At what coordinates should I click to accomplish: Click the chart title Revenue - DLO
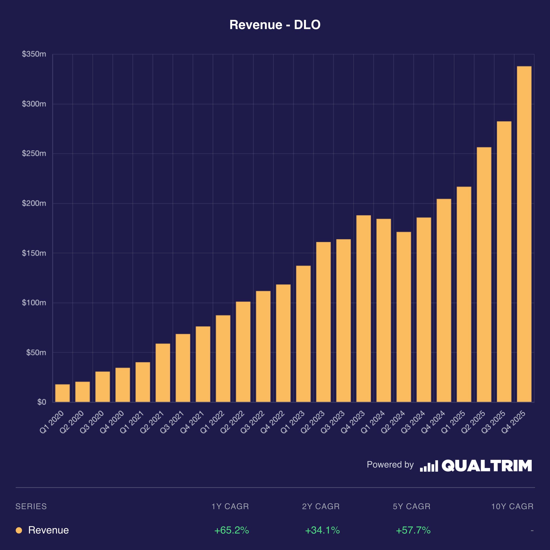tap(275, 25)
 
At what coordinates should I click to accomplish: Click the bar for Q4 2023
tap(364, 309)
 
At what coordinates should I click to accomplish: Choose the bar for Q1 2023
tap(303, 334)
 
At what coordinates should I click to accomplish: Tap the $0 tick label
tap(42, 402)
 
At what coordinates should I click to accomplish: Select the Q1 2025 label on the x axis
tap(453, 422)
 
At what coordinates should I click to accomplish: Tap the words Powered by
tap(390, 465)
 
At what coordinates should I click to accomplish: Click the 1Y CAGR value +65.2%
tap(231, 530)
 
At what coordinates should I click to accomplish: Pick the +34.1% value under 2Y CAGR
tap(322, 530)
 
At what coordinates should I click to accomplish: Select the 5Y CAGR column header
tap(412, 506)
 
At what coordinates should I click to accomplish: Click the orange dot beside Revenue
tap(19, 530)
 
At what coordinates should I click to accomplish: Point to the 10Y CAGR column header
tap(512, 506)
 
